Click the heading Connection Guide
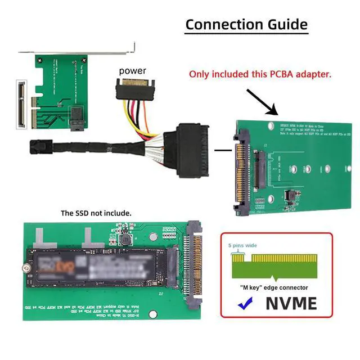tap(246, 24)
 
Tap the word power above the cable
tap(132, 71)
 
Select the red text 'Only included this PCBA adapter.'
tap(259, 74)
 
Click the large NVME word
tap(284, 304)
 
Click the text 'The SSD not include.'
tap(96, 213)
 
